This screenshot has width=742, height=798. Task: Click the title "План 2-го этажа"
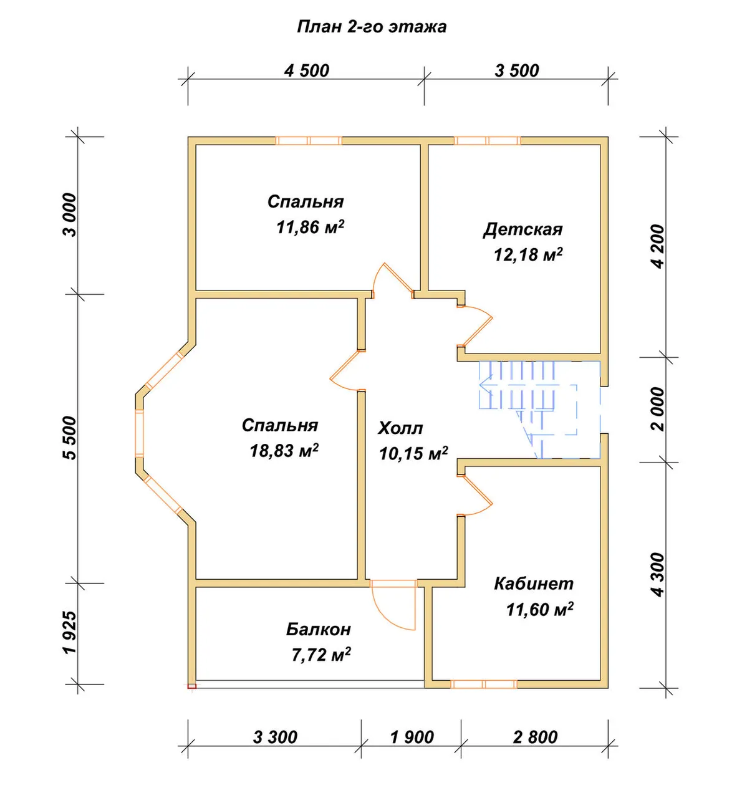pos(372,27)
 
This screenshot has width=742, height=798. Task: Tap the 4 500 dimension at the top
pos(307,70)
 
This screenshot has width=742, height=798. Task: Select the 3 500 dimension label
pos(516,70)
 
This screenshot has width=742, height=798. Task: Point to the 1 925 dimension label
pos(70,632)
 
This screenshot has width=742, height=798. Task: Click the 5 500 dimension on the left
pos(70,438)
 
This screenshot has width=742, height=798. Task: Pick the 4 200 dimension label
pos(658,246)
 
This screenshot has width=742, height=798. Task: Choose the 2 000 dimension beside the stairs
pos(658,409)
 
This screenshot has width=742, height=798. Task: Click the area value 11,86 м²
pos(311,227)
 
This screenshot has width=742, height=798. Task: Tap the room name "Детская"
pos(523,229)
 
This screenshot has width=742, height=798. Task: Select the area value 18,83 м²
pos(284,451)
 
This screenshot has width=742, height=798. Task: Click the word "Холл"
pos(400,428)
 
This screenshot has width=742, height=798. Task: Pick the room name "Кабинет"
pos(534,584)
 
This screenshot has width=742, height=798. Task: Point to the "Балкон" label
pos(319,629)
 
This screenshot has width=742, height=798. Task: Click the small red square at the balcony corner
pos(191,686)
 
